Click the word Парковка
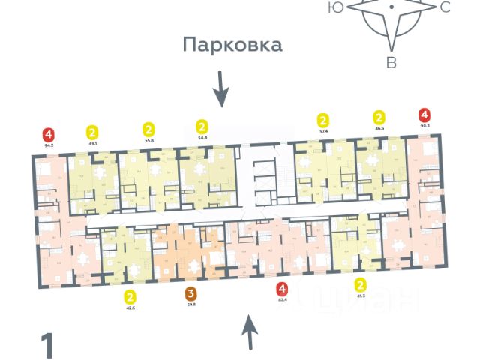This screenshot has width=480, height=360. point(233,45)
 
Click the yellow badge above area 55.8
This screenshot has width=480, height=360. point(148,129)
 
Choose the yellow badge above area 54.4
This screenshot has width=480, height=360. point(201,126)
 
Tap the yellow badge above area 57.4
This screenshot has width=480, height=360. point(323,120)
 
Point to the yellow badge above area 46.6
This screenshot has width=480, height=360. point(379,117)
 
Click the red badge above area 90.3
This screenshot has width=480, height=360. point(424,115)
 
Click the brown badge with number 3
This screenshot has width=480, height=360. point(191,293)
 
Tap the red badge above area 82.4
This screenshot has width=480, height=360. point(282,289)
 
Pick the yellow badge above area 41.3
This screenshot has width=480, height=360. point(361,284)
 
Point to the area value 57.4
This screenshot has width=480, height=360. point(323,130)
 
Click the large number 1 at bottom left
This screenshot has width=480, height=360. point(48,346)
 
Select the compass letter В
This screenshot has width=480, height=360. point(391,63)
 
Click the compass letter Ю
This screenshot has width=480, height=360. point(336,7)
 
